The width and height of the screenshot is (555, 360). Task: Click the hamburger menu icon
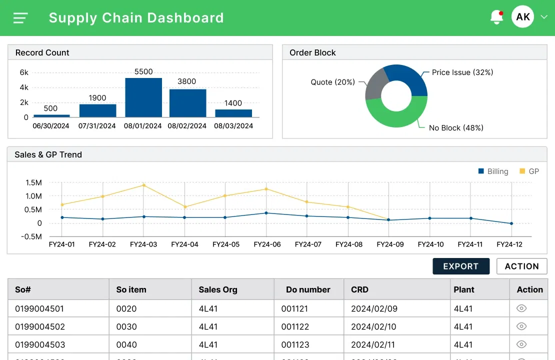(x=20, y=18)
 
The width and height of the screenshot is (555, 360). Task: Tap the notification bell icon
(x=496, y=17)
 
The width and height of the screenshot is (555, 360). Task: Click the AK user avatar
(x=522, y=17)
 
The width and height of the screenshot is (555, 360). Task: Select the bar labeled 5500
(x=143, y=97)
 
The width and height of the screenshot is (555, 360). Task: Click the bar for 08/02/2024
(x=187, y=103)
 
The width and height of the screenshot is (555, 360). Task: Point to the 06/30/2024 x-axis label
(x=51, y=126)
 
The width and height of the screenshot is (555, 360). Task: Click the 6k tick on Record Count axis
(x=24, y=72)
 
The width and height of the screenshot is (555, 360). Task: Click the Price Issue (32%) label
(x=462, y=72)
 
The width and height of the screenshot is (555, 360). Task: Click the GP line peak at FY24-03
(x=143, y=185)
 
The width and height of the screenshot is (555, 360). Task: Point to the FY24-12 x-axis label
(x=509, y=244)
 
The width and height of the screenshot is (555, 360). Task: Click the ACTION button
(x=521, y=266)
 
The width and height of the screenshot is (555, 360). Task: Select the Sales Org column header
(x=218, y=289)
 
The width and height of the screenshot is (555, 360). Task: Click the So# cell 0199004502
(x=40, y=326)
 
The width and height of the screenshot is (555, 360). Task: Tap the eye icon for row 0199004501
(x=521, y=308)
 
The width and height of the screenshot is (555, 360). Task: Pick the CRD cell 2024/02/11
(x=373, y=344)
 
